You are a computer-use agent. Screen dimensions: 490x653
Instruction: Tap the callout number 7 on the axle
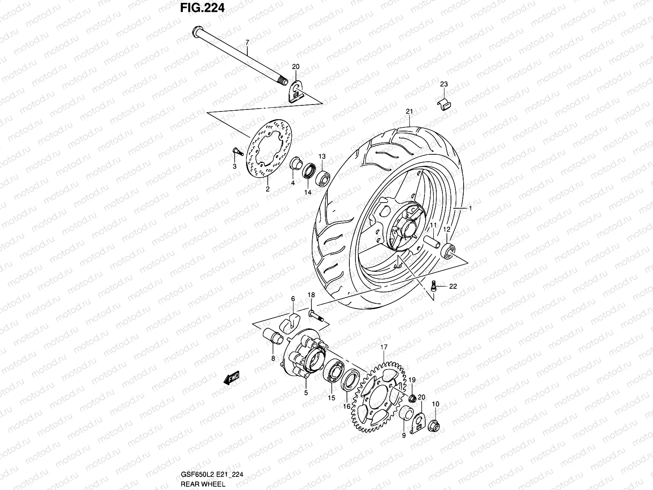pos(247,42)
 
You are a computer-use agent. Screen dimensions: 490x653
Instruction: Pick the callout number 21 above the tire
pos(409,111)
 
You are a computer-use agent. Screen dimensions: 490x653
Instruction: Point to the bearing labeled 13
pos(322,177)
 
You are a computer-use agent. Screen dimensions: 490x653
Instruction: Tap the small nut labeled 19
pos(412,398)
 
